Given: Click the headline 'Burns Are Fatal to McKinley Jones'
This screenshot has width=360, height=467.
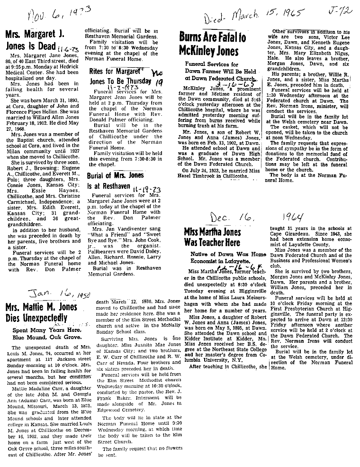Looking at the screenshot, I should [x=213, y=43].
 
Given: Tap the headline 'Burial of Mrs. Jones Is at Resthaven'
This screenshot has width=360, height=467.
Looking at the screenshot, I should [x=116, y=180].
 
